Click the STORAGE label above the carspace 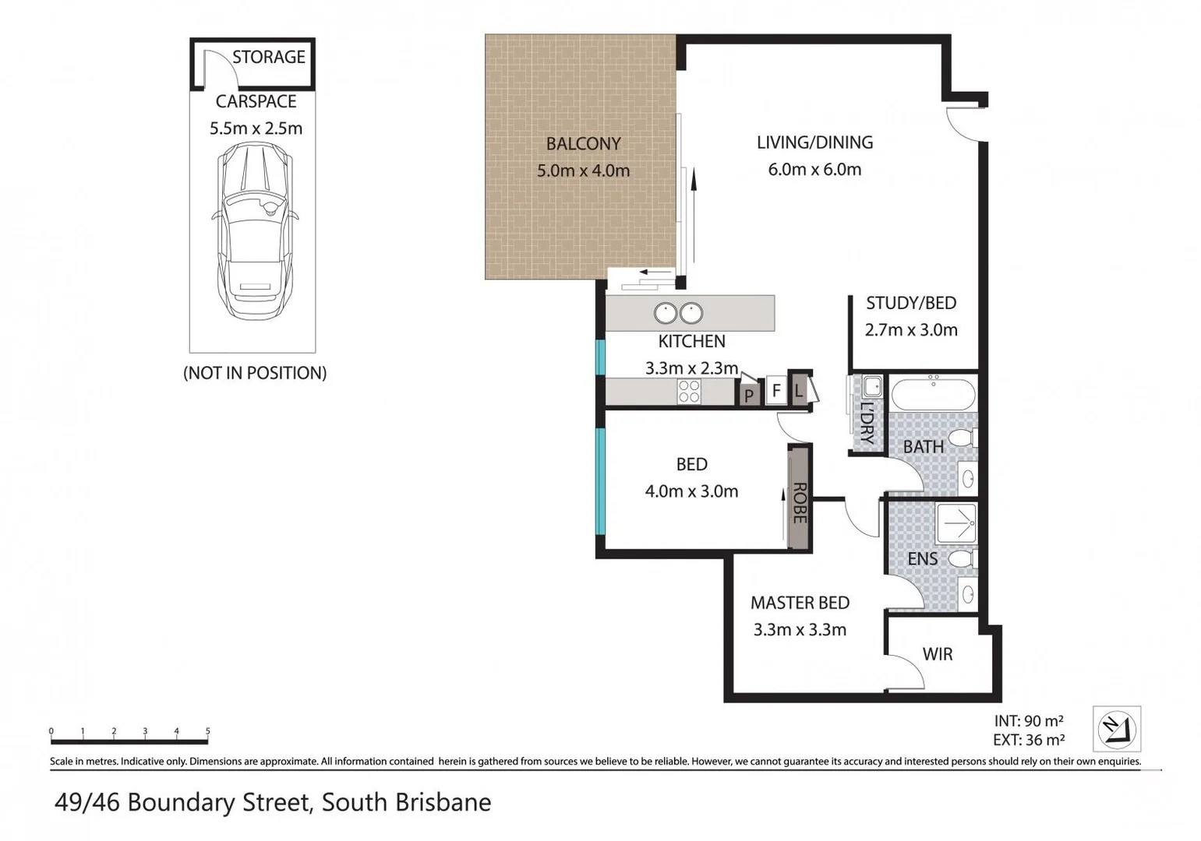[269, 57]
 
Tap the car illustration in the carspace [255, 230]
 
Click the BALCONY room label [583, 143]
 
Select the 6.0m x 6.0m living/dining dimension [814, 169]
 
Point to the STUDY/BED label [911, 303]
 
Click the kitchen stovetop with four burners [689, 392]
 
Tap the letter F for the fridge [775, 390]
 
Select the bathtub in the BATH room [933, 394]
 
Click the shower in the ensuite [956, 522]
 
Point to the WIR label [938, 654]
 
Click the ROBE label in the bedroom [800, 503]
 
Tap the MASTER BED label [800, 603]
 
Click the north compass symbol [1117, 729]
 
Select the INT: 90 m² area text [1029, 721]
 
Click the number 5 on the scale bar [207, 730]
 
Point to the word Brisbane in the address [443, 802]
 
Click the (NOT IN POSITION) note [255, 373]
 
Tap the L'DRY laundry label [867, 423]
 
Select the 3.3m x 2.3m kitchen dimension [691, 368]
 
